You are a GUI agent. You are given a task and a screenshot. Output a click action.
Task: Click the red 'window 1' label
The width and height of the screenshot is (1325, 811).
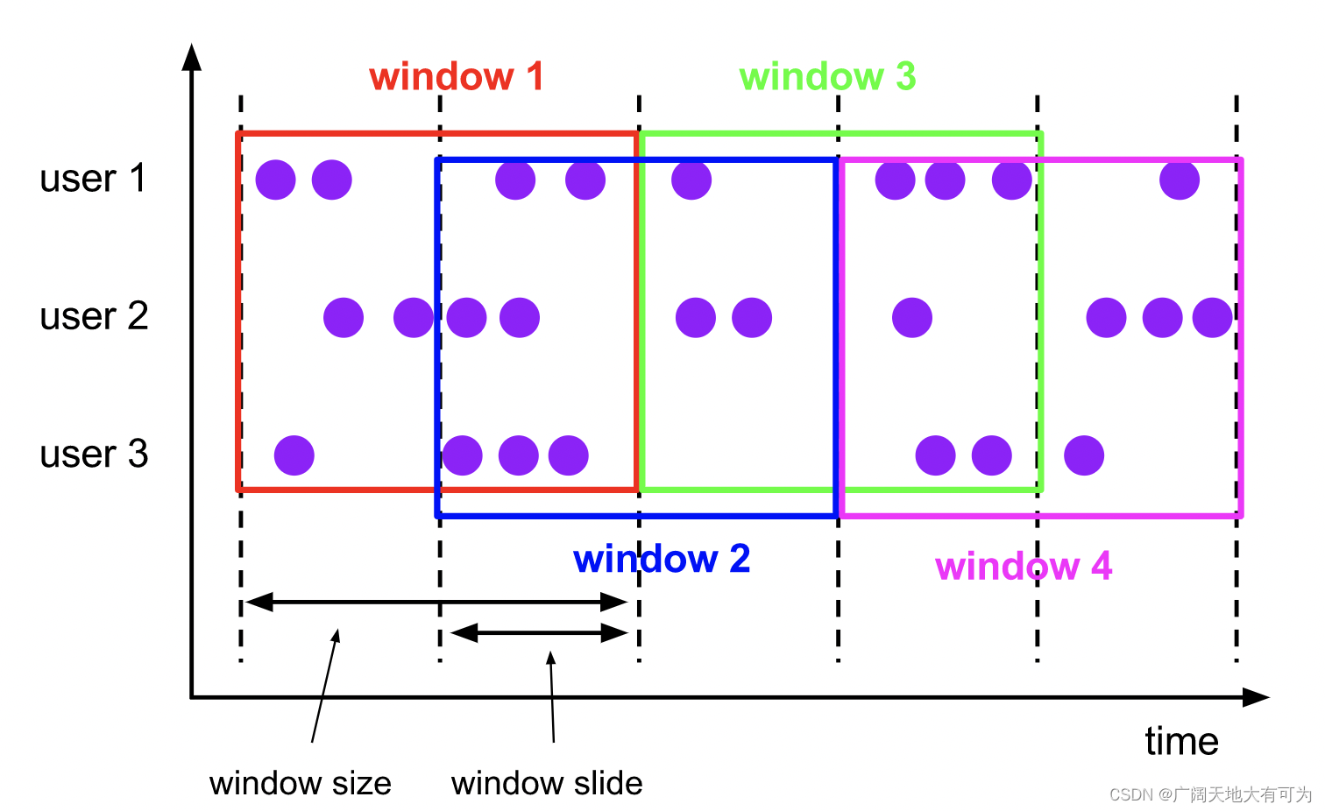click(x=457, y=77)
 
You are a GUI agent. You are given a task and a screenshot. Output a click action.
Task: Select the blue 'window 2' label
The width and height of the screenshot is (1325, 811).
click(x=662, y=559)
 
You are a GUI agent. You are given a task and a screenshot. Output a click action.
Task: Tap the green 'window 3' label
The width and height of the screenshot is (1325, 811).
click(x=827, y=77)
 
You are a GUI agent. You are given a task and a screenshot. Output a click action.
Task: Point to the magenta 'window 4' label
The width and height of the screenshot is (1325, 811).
click(x=1024, y=567)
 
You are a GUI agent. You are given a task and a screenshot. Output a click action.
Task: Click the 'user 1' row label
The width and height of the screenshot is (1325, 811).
click(x=93, y=179)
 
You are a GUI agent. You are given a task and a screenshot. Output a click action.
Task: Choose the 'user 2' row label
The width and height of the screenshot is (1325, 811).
click(x=94, y=316)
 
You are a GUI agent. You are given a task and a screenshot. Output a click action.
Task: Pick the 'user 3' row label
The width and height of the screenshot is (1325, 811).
click(x=94, y=454)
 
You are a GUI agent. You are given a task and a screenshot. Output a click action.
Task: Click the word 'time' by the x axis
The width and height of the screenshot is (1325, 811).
click(x=1181, y=742)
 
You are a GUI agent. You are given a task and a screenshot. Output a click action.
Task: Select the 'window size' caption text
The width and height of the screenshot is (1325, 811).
click(x=300, y=783)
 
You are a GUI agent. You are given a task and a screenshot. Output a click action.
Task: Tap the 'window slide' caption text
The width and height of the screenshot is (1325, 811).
click(x=547, y=783)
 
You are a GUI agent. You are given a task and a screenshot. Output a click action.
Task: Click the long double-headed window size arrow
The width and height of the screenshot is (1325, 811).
click(x=436, y=602)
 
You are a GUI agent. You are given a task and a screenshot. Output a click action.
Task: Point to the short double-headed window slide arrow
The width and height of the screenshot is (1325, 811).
click(x=539, y=632)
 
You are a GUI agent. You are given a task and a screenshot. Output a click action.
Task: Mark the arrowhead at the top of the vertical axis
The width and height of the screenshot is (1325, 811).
click(x=192, y=57)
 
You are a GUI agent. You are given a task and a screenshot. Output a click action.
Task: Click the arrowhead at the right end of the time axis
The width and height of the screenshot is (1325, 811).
click(x=1256, y=697)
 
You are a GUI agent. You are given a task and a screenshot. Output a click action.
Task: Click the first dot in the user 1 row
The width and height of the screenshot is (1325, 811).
click(x=276, y=180)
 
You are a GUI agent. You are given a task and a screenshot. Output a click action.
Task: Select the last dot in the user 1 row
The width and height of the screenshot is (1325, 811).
click(x=1180, y=180)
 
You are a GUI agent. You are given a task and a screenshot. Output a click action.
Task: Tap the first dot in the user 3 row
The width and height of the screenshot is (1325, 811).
click(x=294, y=455)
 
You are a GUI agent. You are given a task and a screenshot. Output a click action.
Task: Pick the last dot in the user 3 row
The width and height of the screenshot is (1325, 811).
click(x=1084, y=455)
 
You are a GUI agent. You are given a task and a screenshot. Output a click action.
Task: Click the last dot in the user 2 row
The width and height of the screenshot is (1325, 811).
click(x=1213, y=318)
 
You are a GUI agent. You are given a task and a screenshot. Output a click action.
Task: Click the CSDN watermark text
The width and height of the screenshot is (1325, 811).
click(x=1210, y=794)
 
